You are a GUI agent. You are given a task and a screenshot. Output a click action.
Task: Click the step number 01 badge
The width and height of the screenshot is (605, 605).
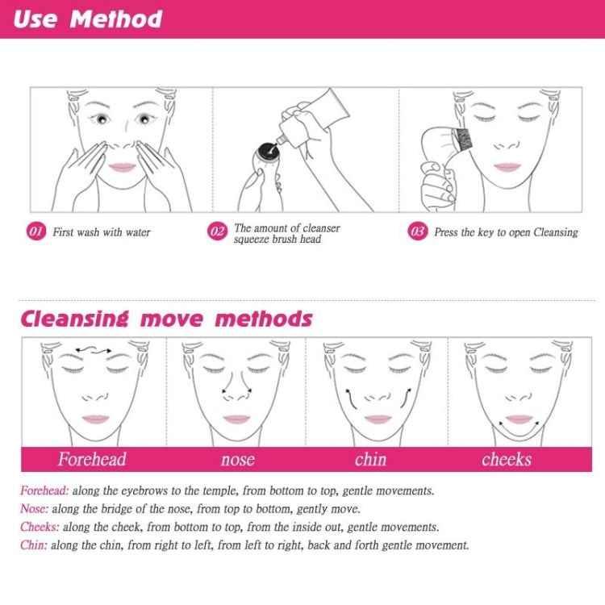click(x=36, y=232)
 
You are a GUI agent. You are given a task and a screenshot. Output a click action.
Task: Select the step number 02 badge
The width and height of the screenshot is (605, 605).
click(x=217, y=232)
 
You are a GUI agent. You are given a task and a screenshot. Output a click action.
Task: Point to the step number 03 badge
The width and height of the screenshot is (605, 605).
click(x=418, y=232)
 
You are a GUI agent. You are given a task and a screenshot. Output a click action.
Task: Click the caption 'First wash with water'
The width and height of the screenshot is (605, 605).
click(x=102, y=232)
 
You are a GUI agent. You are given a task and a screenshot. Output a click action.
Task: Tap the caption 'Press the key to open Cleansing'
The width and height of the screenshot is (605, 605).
click(x=506, y=232)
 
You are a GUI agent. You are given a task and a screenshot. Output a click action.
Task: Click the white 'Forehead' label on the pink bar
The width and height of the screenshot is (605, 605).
click(x=92, y=460)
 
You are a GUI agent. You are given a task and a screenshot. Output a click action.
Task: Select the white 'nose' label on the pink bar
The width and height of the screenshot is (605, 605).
click(x=237, y=460)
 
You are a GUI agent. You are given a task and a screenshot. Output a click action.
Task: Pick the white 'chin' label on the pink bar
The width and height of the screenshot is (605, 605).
click(x=370, y=460)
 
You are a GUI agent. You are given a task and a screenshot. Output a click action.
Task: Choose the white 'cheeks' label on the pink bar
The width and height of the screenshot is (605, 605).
click(x=507, y=460)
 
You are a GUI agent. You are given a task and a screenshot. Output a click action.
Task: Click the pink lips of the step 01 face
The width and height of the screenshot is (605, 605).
click(x=121, y=166)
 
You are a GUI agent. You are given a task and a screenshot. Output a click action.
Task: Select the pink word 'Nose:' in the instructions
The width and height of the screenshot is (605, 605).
click(x=35, y=509)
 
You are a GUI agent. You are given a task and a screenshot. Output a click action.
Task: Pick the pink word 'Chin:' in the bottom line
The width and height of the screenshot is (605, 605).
click(x=34, y=545)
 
